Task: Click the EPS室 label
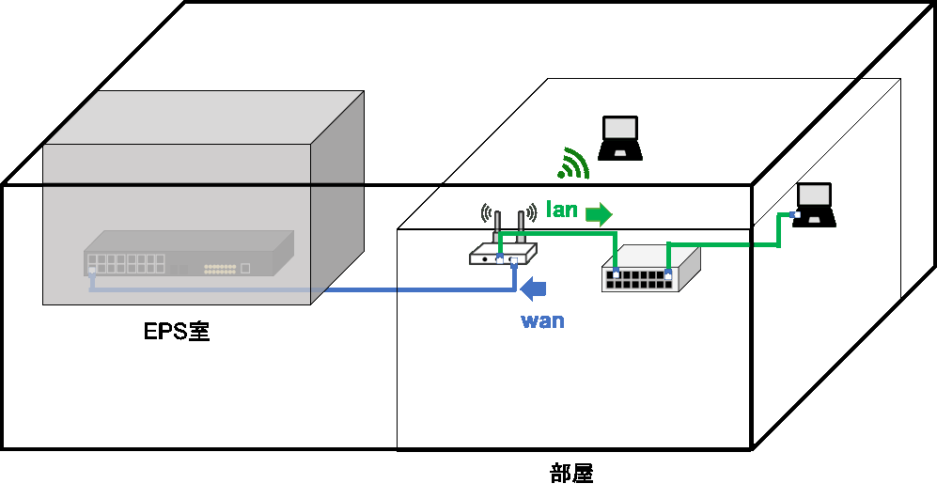pyautogui.click(x=177, y=331)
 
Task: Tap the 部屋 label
pyautogui.click(x=571, y=474)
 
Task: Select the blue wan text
pyautogui.click(x=542, y=320)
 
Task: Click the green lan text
pyautogui.click(x=562, y=210)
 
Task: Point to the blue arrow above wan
pyautogui.click(x=533, y=289)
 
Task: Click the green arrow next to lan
pyautogui.click(x=599, y=214)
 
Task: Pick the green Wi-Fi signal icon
pyautogui.click(x=573, y=164)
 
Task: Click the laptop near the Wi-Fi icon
pyautogui.click(x=620, y=138)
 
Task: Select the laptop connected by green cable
pyautogui.click(x=814, y=205)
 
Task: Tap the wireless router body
pyautogui.click(x=503, y=255)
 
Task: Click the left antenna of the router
pyautogui.click(x=496, y=226)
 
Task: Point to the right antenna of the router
pyautogui.click(x=521, y=226)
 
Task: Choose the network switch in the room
pyautogui.click(x=650, y=269)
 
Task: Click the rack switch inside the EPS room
pyautogui.click(x=189, y=254)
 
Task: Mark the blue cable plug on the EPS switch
pyautogui.click(x=92, y=272)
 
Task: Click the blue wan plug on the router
pyautogui.click(x=513, y=260)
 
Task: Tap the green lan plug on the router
pyautogui.click(x=500, y=260)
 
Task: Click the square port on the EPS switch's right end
pyautogui.click(x=245, y=269)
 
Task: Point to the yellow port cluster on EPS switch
pyautogui.click(x=220, y=269)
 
